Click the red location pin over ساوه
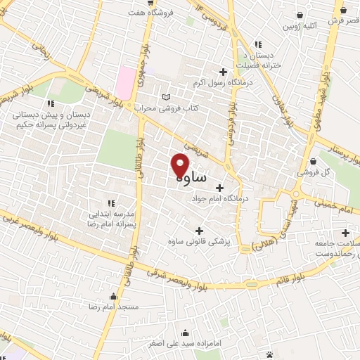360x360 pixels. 180,165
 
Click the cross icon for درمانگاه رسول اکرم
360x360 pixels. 224,72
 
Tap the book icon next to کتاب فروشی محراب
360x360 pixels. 165,97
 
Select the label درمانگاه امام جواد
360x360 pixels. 219,200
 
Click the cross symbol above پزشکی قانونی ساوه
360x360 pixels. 199,231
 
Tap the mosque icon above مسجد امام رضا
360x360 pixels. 114,296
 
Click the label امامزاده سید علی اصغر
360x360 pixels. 184,344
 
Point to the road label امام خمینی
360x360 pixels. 335,207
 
